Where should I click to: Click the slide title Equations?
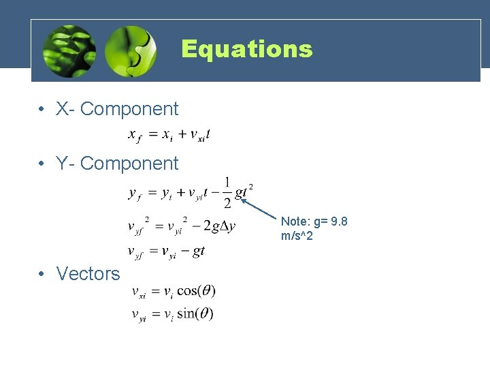[x=246, y=49]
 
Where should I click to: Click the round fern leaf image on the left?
[x=68, y=50]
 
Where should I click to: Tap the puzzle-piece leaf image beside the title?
[x=131, y=50]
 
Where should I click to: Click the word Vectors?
[x=88, y=273]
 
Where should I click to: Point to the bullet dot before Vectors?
[x=42, y=274]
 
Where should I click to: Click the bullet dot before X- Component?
[x=42, y=109]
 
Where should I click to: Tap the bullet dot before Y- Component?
[x=42, y=164]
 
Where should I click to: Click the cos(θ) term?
[x=197, y=291]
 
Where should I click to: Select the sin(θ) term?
[x=195, y=314]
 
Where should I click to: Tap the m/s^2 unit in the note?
[x=297, y=236]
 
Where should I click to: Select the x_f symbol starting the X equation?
[x=135, y=136]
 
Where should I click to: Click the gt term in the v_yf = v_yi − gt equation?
[x=199, y=251]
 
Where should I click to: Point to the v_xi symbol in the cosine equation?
[x=139, y=292]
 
